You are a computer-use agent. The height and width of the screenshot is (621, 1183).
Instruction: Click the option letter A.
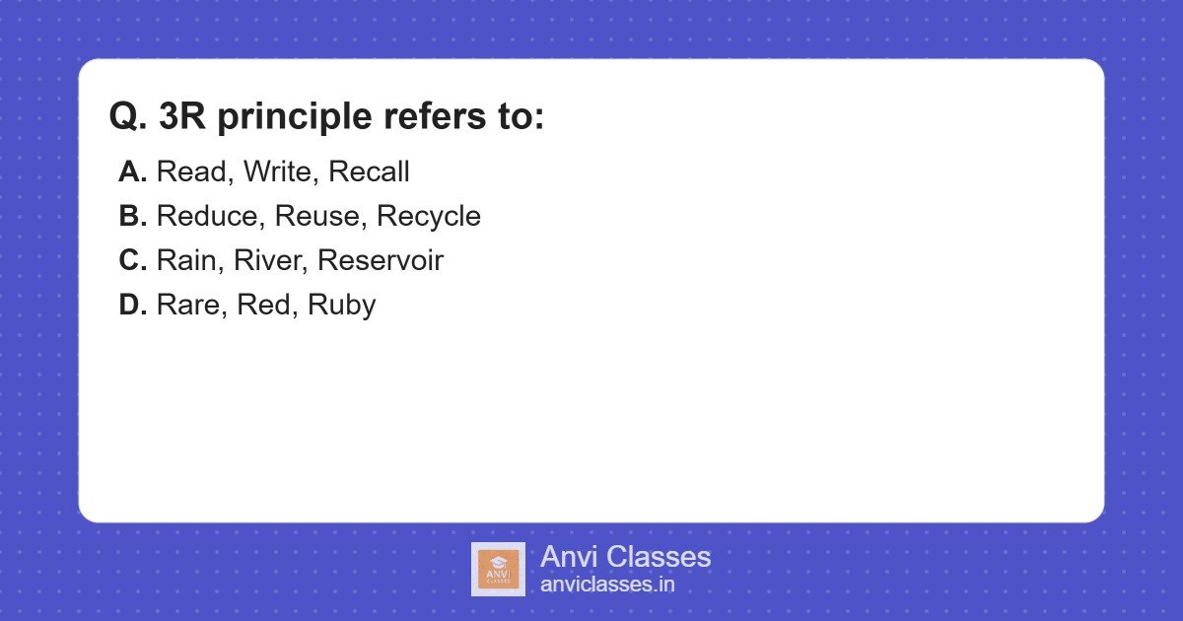pyautogui.click(x=132, y=172)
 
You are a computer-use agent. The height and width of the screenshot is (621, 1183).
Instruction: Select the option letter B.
pyautogui.click(x=132, y=217)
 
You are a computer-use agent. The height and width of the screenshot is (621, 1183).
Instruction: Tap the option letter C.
pyautogui.click(x=132, y=261)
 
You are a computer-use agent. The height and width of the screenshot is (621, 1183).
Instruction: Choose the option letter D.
pyautogui.click(x=132, y=306)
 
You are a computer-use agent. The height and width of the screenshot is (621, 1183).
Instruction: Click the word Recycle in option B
pyautogui.click(x=429, y=217)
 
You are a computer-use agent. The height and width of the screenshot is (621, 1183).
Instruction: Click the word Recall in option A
pyautogui.click(x=369, y=172)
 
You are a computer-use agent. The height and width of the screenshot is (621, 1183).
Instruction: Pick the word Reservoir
pyautogui.click(x=381, y=261)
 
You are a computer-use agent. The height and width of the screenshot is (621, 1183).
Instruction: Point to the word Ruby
pyautogui.click(x=341, y=306)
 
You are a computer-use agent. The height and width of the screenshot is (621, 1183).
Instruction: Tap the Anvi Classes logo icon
pyautogui.click(x=498, y=569)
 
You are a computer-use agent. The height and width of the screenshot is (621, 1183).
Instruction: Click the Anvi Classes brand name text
pyautogui.click(x=625, y=557)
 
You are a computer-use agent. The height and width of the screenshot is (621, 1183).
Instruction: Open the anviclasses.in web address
pyautogui.click(x=607, y=585)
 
